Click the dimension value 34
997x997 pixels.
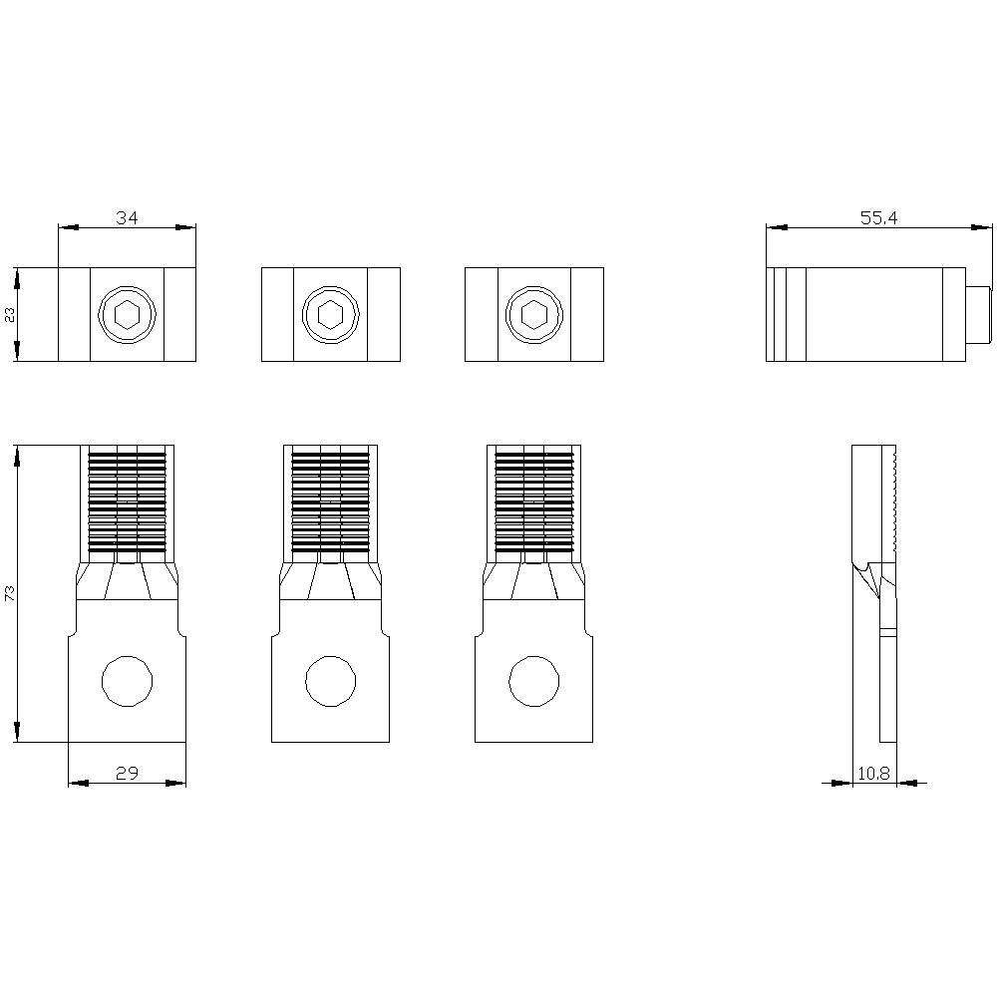127,217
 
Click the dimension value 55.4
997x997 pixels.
878,217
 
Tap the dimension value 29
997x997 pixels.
127,772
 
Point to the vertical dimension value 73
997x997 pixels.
10,593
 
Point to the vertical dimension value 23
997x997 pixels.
10,314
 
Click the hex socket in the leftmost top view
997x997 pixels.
127,315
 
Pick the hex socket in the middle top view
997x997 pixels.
330,315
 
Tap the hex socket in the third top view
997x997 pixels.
533,315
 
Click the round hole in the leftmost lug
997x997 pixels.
127,682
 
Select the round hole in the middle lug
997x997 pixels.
330,682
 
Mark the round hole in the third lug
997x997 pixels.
533,682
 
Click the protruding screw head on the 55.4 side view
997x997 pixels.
978,314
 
